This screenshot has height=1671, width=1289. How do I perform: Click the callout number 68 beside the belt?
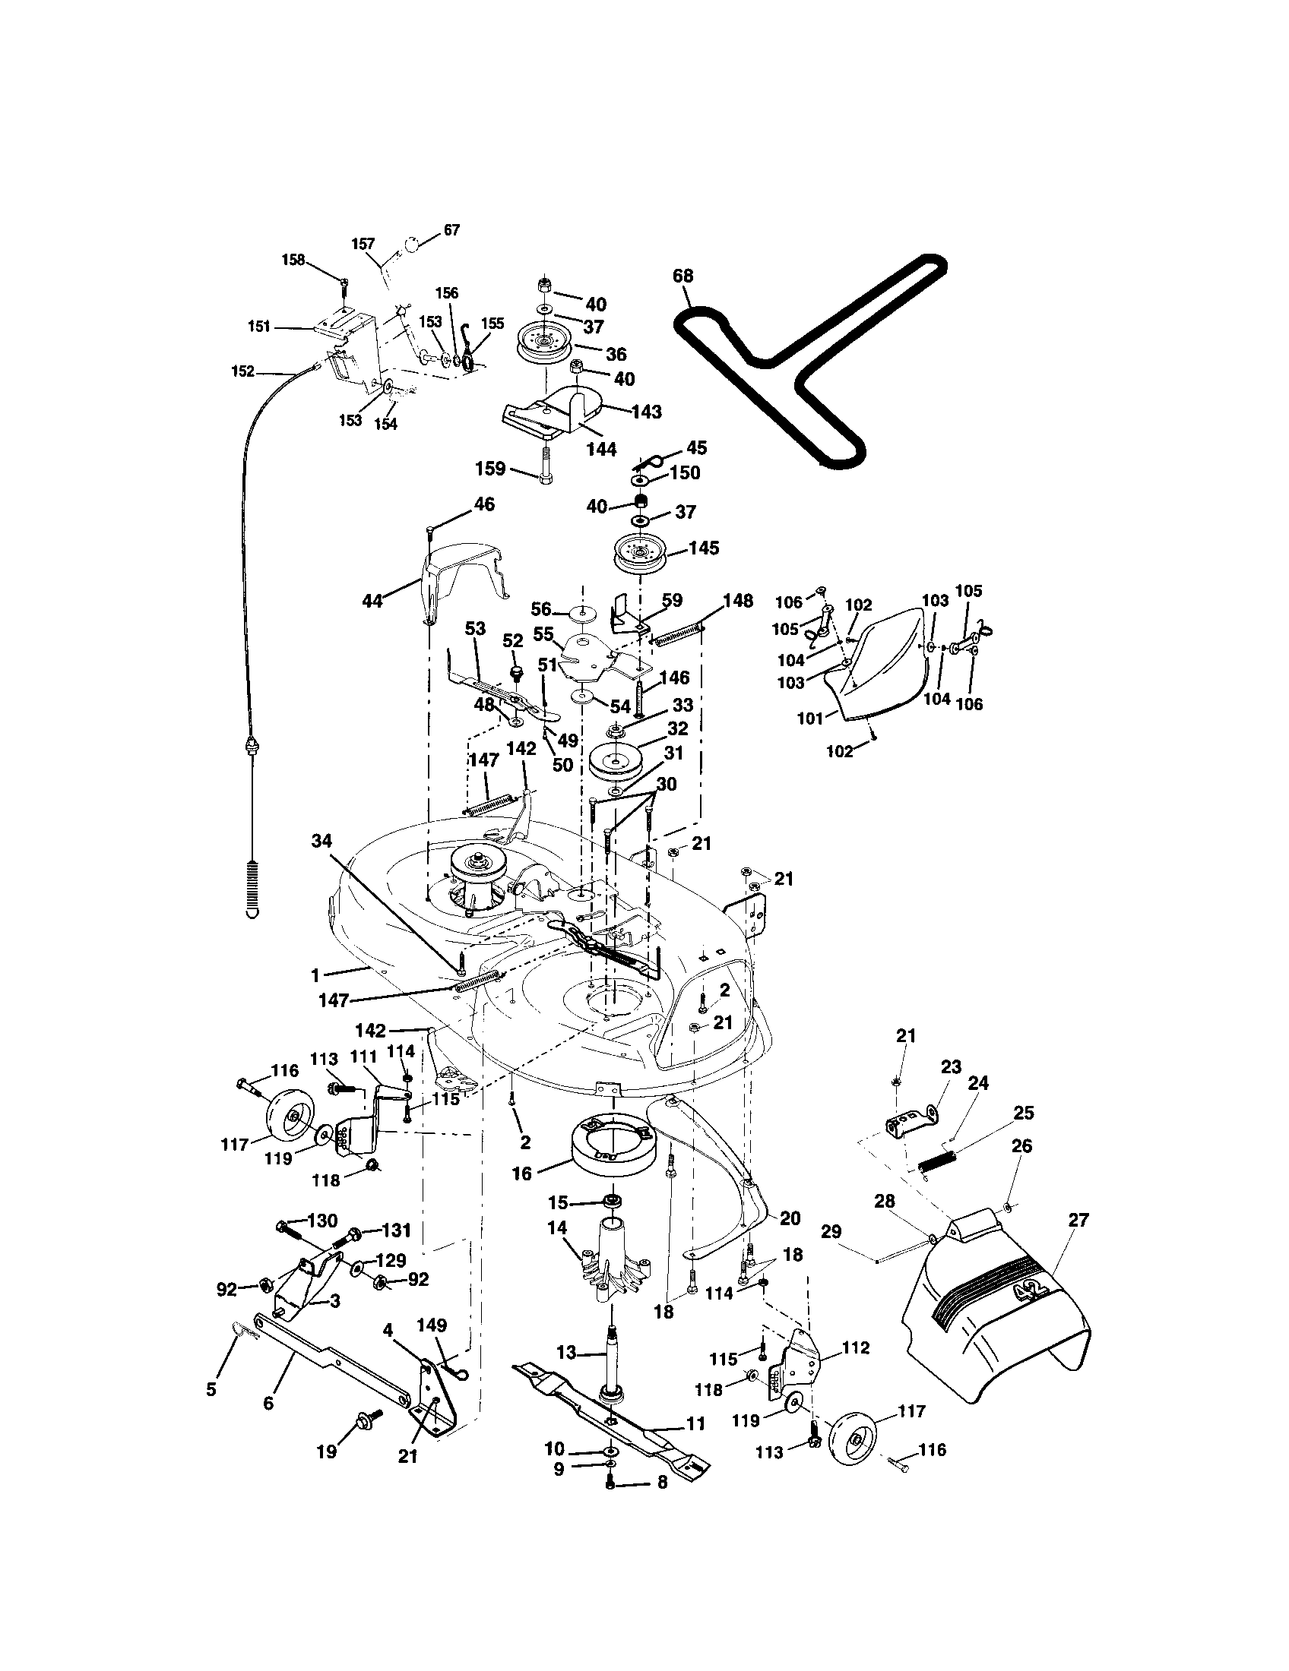coord(683,276)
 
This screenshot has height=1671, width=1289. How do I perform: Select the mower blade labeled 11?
coord(613,1421)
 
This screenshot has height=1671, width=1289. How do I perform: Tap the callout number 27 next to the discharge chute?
coord(1078,1220)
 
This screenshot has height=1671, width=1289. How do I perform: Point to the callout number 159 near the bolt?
coord(490,468)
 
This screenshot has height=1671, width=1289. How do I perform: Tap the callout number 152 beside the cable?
coord(242,371)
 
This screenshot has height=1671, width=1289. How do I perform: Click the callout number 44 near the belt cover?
coord(372,602)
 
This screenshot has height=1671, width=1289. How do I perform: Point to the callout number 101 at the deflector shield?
coord(810,718)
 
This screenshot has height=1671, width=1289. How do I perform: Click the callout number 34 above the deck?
coord(321,841)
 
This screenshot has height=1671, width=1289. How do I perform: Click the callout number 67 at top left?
coord(451,229)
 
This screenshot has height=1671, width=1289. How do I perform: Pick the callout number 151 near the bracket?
coord(258,327)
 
